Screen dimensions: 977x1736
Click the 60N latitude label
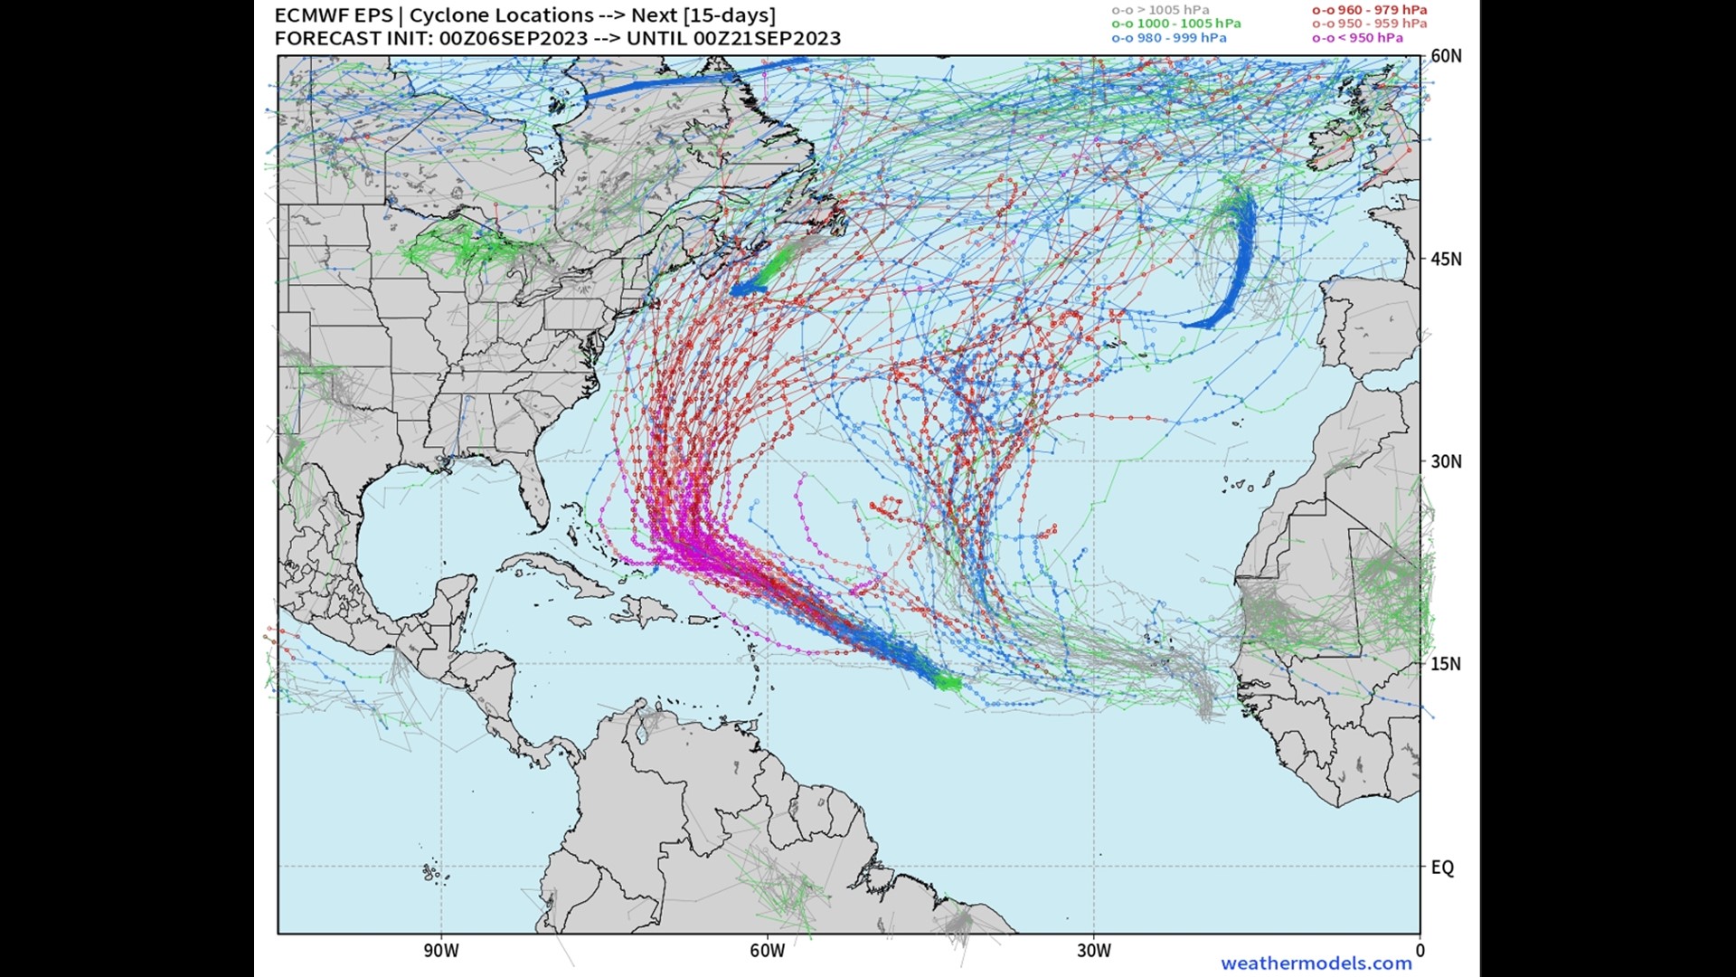[x=1445, y=56]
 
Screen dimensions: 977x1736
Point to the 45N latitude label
[x=1445, y=259]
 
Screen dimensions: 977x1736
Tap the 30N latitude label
[x=1445, y=461]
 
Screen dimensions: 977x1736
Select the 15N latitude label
[x=1445, y=664]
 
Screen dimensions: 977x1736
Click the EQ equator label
[x=1442, y=867]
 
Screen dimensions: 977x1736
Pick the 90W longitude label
[x=441, y=951]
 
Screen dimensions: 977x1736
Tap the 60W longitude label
[x=767, y=951]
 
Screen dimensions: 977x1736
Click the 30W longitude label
[x=1093, y=951]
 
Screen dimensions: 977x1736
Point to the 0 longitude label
[x=1420, y=951]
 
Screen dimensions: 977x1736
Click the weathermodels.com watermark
[x=1316, y=963]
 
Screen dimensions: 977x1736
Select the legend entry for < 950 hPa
[x=1357, y=38]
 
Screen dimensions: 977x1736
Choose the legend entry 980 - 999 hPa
[x=1169, y=38]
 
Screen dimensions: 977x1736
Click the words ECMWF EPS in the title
[x=333, y=15]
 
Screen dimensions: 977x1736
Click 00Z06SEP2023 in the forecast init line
[x=506, y=38]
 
